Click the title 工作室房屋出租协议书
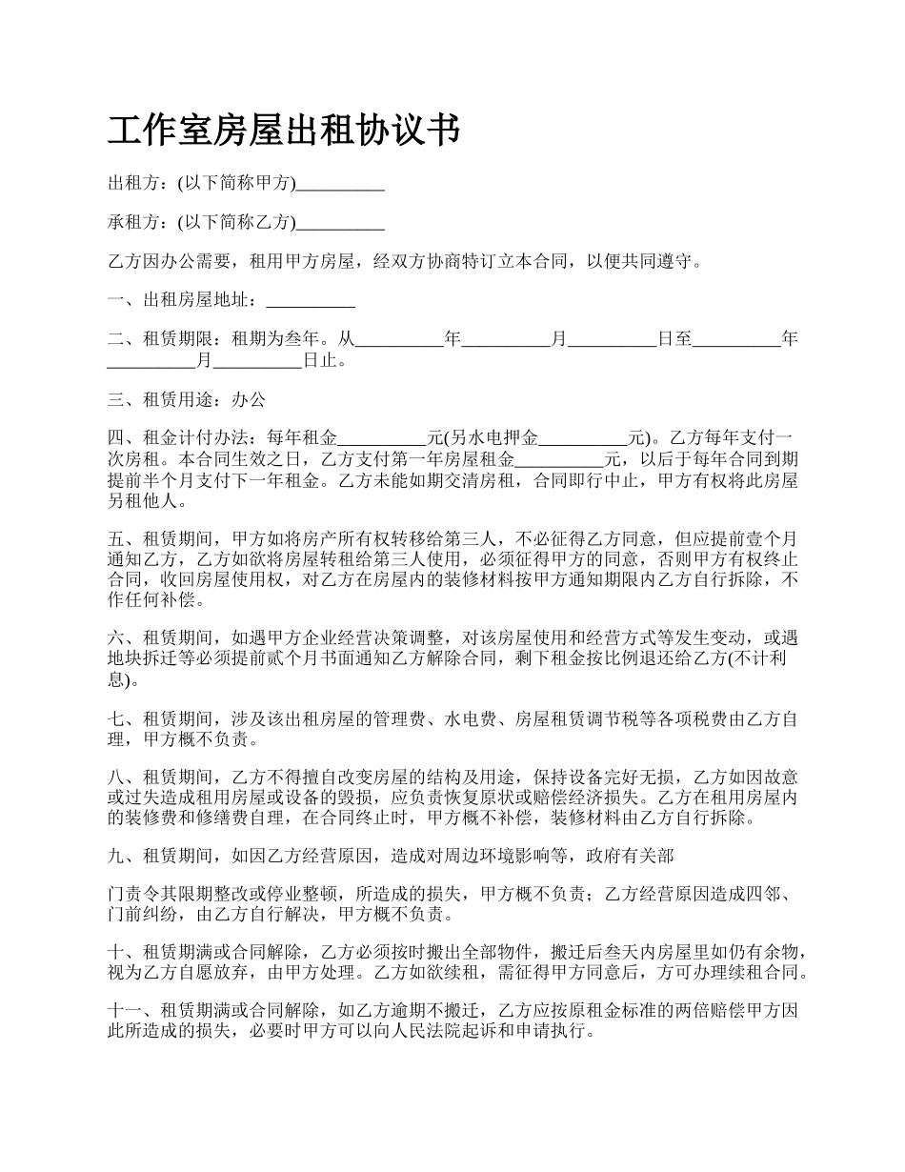click(x=284, y=131)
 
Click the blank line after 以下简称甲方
click(x=340, y=185)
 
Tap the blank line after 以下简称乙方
click(x=340, y=224)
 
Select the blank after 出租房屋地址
click(x=311, y=302)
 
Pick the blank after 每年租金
click(x=383, y=439)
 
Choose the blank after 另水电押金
click(x=584, y=439)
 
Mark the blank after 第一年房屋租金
click(x=559, y=459)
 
